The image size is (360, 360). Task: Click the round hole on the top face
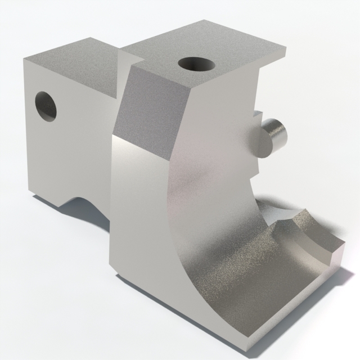pyautogui.click(x=197, y=64)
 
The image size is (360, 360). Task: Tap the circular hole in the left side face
pyautogui.click(x=46, y=106)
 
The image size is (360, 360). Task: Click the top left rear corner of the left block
pyautogui.click(x=25, y=58)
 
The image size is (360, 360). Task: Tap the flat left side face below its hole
pyautogui.click(x=62, y=157)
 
